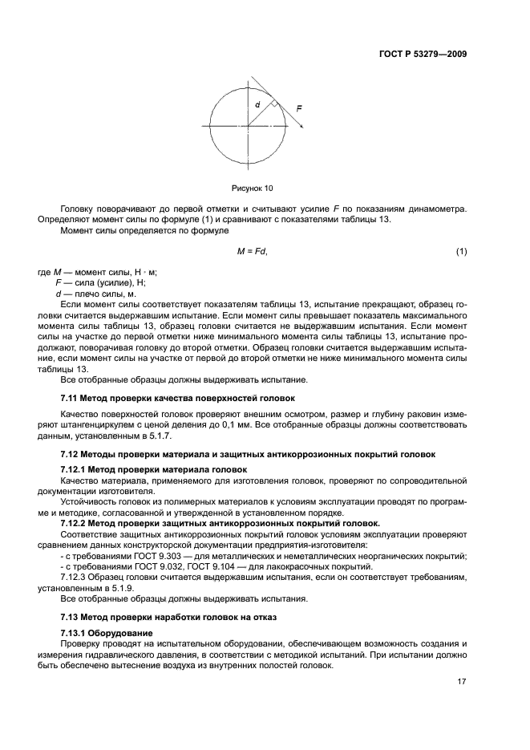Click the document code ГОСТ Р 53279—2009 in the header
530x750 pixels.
(423, 55)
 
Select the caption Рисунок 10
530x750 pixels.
(253, 189)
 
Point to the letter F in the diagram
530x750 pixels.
(298, 107)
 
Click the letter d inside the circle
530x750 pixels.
(257, 105)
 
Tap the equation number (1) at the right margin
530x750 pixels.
(461, 252)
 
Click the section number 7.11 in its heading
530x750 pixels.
(70, 398)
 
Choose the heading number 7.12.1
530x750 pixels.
(75, 468)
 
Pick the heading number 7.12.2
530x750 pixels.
(75, 522)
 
